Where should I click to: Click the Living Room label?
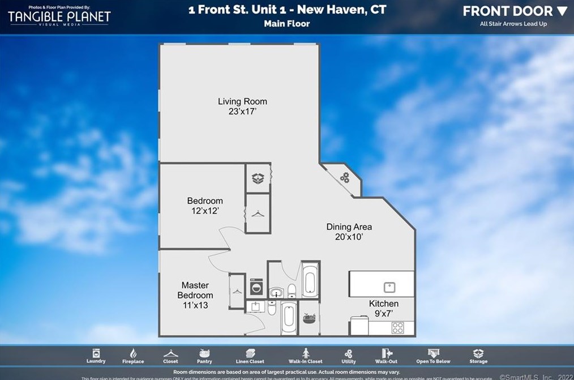point(242,102)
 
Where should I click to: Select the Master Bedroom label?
point(195,290)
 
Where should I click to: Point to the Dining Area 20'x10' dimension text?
point(349,237)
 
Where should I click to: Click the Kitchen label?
point(384,304)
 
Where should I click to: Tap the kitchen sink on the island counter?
point(389,286)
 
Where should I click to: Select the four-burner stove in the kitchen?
point(398,327)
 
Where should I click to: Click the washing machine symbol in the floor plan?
point(256,287)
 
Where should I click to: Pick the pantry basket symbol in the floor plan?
point(309,318)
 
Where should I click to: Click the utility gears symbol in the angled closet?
point(344,178)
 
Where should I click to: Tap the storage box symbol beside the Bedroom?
point(258,178)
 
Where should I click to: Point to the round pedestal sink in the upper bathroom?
point(276,293)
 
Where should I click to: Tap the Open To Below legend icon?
point(433,353)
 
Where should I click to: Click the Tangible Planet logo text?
point(59,17)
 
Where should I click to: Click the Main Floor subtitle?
point(286,24)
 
